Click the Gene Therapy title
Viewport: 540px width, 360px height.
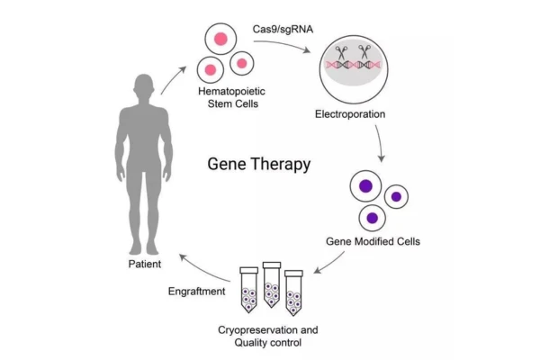pos(259,165)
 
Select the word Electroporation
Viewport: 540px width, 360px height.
pos(350,115)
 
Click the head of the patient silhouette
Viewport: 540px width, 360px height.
pos(144,87)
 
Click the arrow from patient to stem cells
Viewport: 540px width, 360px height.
pos(172,79)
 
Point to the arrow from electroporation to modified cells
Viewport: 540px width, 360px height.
pos(382,144)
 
